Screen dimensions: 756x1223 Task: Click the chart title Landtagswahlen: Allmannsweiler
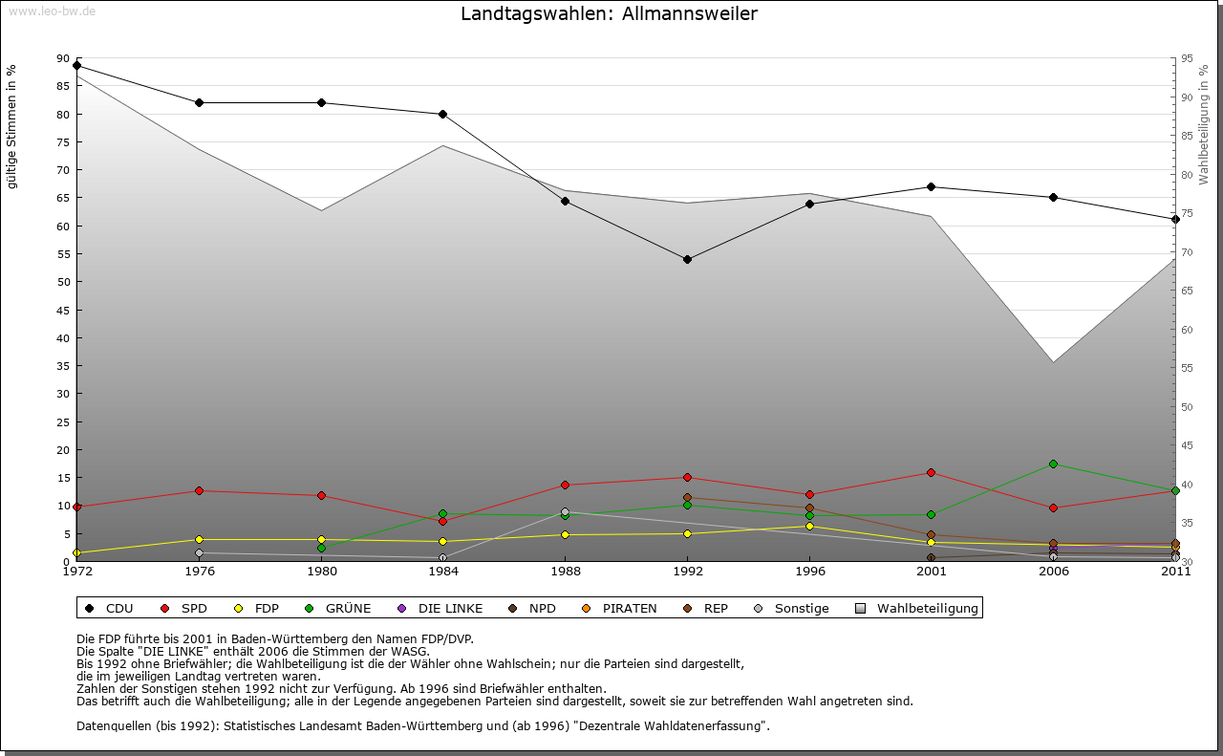[x=609, y=13]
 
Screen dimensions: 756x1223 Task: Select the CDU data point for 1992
[x=687, y=259]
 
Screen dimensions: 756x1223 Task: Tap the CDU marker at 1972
[x=76, y=66]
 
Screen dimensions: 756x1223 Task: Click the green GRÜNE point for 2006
[x=1053, y=464]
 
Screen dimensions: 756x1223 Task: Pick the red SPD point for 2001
[x=931, y=472]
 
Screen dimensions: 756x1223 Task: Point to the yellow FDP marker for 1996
[x=809, y=526]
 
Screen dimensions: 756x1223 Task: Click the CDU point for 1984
[x=442, y=115]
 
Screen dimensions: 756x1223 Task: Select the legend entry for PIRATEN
[x=620, y=608]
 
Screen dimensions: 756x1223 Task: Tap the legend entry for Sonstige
[x=792, y=608]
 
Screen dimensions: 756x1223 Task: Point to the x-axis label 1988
[x=565, y=572]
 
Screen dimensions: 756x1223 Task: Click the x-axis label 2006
[x=1053, y=572]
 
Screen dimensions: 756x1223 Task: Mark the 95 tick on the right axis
[x=1188, y=58]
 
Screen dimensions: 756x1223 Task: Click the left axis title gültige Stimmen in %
[x=12, y=126]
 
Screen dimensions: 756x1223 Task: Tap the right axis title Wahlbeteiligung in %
[x=1203, y=124]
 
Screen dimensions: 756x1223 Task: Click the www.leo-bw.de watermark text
[x=52, y=11]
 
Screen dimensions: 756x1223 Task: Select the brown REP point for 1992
[x=687, y=498]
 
